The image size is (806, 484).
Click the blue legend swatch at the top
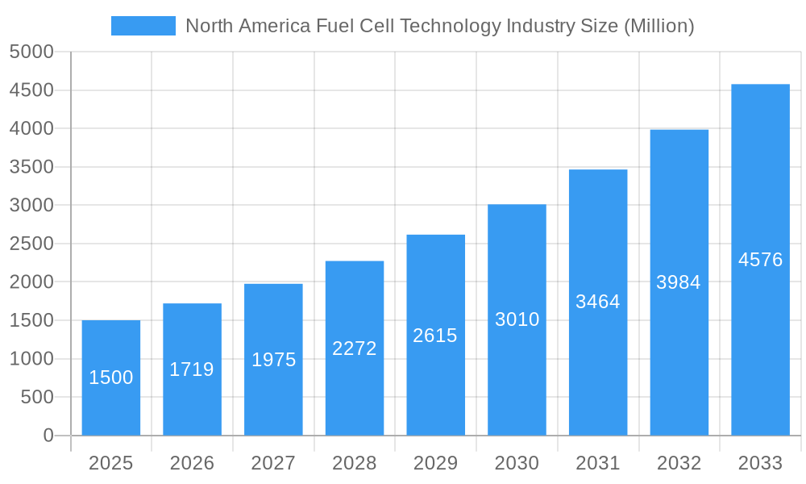pos(143,26)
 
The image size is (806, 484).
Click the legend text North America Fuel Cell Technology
pos(439,26)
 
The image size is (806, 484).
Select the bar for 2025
pos(111,378)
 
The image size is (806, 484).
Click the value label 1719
pos(192,369)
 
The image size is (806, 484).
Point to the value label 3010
pos(517,319)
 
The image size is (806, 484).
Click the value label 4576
pos(760,260)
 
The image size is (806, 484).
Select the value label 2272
pos(355,348)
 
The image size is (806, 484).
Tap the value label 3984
pos(679,282)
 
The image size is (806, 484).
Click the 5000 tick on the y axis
pos(31,52)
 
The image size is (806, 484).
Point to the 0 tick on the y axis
pos(48,436)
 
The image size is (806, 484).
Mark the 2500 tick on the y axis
pos(31,244)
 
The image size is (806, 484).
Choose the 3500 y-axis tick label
pos(31,167)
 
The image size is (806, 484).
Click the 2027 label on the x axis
pos(273,463)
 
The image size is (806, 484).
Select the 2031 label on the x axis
pos(598,463)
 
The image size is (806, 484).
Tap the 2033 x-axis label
pos(760,463)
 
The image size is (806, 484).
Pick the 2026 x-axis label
pos(192,463)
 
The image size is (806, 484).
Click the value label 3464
pos(598,302)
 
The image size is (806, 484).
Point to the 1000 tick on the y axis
pos(31,359)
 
